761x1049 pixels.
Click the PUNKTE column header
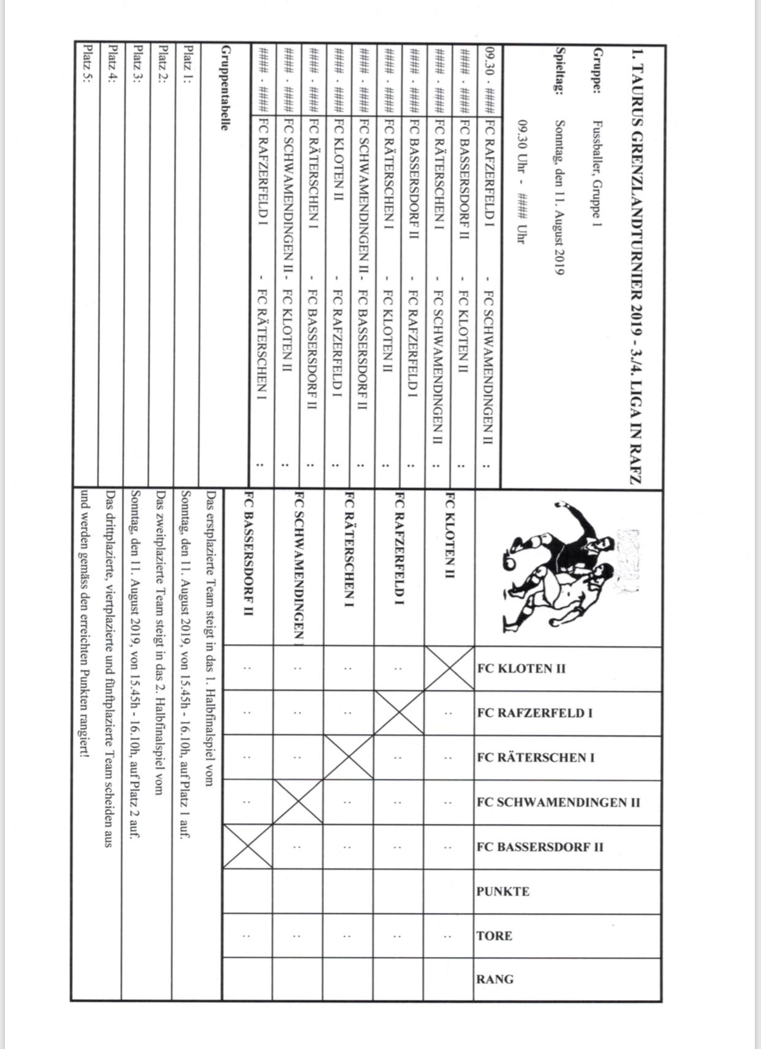point(503,892)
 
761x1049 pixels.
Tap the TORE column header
point(494,936)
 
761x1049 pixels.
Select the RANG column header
point(495,979)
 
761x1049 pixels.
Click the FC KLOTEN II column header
point(521,668)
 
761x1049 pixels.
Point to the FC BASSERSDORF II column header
point(540,847)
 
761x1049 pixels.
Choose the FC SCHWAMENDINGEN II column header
point(558,803)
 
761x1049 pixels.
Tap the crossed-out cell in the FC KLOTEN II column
point(449,668)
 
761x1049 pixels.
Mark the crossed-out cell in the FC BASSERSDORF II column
point(248,847)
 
